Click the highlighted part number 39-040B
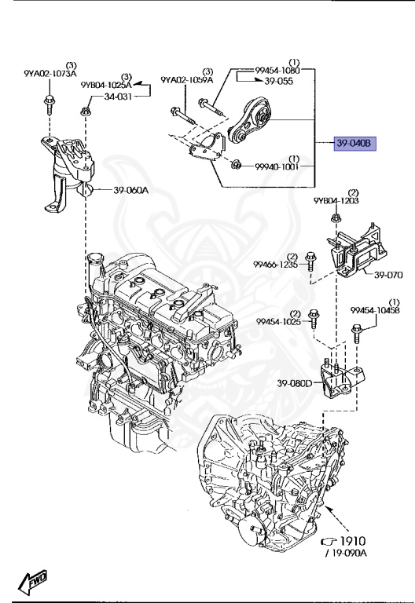pos(354,144)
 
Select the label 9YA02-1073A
pos(50,74)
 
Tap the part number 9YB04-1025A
pos(106,84)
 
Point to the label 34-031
pos(118,96)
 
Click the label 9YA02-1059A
pos(187,79)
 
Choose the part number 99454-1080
pos(277,70)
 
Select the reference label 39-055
pos(279,81)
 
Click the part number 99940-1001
pos(277,166)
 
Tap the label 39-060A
pos(131,190)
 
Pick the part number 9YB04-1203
pos(336,201)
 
